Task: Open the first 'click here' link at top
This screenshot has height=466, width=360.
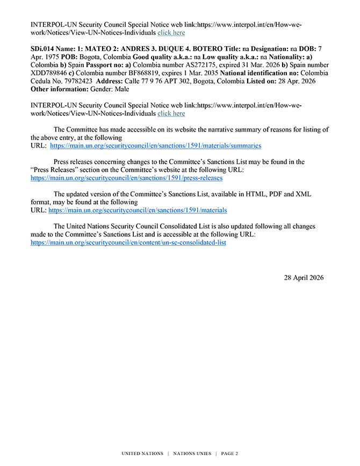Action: [171, 33]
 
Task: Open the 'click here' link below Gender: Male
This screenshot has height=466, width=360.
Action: [171, 113]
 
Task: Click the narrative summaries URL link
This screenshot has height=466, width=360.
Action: [155, 145]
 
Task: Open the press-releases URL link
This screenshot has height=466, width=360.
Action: [126, 178]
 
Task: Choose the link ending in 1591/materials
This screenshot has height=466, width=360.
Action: [138, 210]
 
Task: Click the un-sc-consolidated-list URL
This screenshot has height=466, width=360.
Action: [128, 243]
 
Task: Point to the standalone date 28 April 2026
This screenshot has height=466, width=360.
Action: [304, 278]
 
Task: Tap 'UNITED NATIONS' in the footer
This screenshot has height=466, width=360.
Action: [142, 454]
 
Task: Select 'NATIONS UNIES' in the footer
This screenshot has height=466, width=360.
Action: [192, 454]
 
